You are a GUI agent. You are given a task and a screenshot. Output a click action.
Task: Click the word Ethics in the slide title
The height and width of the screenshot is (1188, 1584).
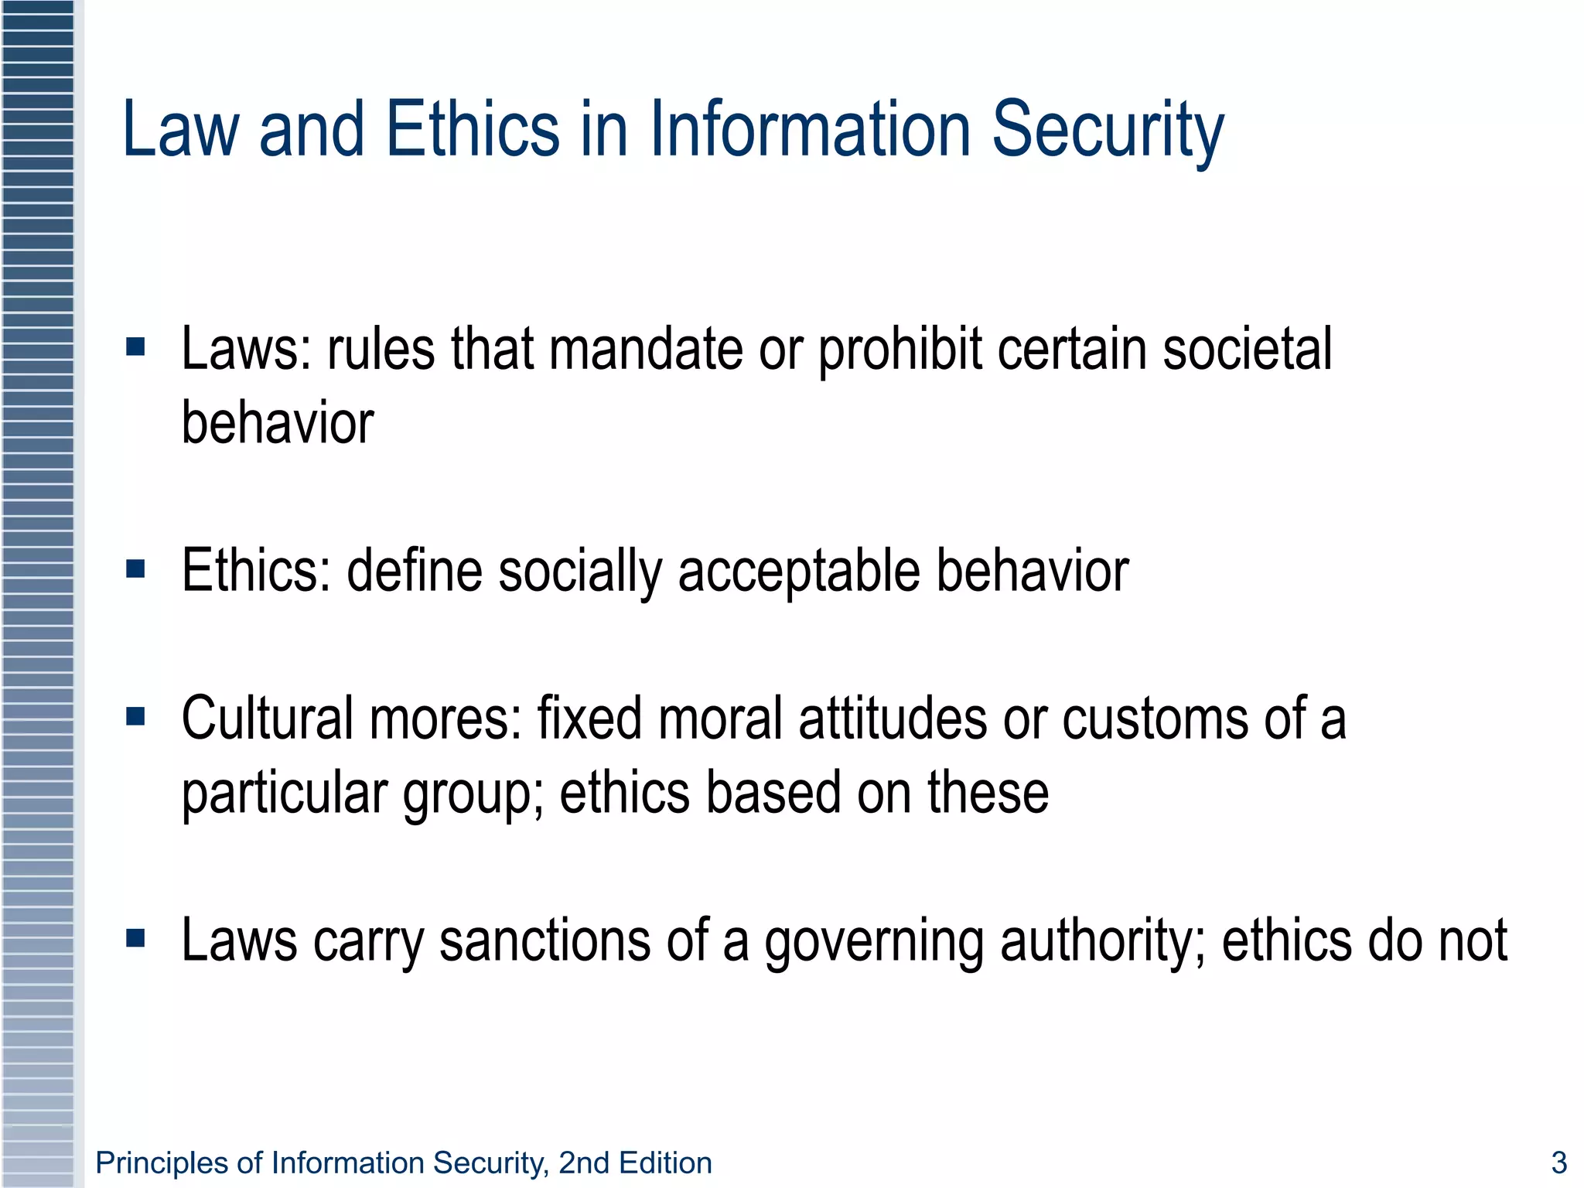(472, 129)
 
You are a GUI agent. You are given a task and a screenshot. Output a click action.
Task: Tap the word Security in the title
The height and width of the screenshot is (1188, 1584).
(1108, 129)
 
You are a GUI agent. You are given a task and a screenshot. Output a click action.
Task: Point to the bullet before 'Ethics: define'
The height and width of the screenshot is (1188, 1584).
(135, 570)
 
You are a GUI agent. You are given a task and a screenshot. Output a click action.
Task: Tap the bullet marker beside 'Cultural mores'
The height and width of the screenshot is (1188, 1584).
(135, 717)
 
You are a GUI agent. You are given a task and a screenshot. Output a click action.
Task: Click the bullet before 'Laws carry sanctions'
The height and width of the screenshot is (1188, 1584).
(135, 939)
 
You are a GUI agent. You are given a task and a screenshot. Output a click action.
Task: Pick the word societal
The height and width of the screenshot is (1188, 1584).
(1247, 349)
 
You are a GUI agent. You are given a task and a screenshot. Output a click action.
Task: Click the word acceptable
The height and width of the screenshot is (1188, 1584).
(799, 572)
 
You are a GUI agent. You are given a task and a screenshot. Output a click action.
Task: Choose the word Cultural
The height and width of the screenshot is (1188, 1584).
(267, 719)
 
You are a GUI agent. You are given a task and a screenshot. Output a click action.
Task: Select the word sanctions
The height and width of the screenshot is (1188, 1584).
(544, 941)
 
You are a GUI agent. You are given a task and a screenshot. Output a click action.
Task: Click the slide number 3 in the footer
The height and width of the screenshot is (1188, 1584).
(1559, 1162)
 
